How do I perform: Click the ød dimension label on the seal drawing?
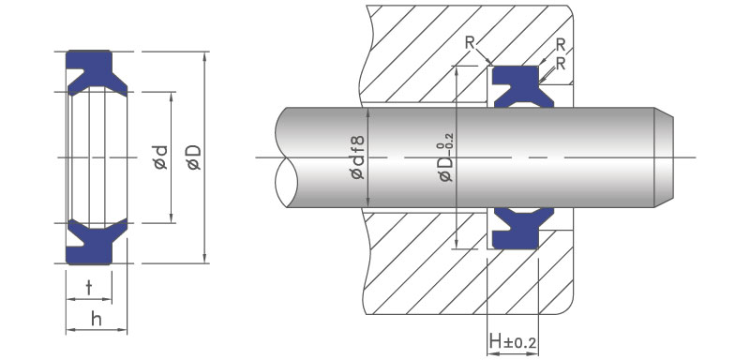click(160, 157)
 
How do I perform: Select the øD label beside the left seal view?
click(194, 157)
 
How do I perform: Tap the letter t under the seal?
click(89, 287)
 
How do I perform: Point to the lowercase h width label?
click(97, 319)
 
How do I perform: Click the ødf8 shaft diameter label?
click(357, 157)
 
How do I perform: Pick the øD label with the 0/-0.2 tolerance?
click(445, 156)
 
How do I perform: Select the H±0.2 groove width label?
click(513, 342)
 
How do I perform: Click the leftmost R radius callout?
click(470, 43)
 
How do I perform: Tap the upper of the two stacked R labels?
click(561, 45)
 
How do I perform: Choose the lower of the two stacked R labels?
click(561, 64)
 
